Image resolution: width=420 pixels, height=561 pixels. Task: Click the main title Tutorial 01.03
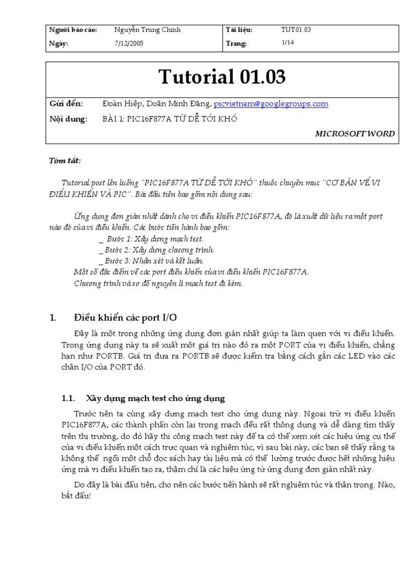[222, 77]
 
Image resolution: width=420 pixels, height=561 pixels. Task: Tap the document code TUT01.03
[296, 30]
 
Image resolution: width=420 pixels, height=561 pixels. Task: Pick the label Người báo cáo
[73, 30]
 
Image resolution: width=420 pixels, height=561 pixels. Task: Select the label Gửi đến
[65, 104]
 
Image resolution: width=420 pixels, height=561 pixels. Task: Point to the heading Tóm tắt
[65, 161]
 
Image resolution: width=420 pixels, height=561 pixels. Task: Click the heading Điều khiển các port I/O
[125, 318]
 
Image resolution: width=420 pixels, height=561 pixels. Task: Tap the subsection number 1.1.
[68, 398]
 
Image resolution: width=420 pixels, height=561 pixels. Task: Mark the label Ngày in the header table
[59, 44]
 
